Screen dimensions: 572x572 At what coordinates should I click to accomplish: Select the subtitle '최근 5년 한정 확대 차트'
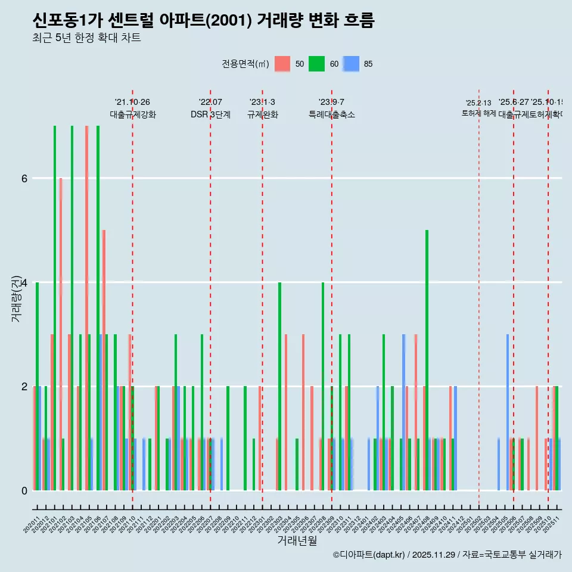click(86, 38)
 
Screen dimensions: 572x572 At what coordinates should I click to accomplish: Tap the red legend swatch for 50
click(282, 64)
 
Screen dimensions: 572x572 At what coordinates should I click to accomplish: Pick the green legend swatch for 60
click(316, 64)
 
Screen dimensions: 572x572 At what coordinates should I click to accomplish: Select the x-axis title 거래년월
click(297, 540)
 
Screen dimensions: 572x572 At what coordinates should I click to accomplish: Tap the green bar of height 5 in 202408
click(427, 360)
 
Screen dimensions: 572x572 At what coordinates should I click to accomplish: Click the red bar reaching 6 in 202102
click(61, 334)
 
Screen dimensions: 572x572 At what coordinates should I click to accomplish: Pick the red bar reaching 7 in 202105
click(86, 307)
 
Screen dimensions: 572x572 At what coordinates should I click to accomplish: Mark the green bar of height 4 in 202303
click(279, 386)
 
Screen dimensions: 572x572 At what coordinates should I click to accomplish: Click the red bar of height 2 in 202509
click(537, 438)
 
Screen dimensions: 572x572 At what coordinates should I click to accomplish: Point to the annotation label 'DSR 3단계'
click(210, 114)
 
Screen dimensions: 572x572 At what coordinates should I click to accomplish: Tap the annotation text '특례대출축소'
click(331, 114)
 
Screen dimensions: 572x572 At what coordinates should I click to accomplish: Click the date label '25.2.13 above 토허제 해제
click(478, 103)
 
